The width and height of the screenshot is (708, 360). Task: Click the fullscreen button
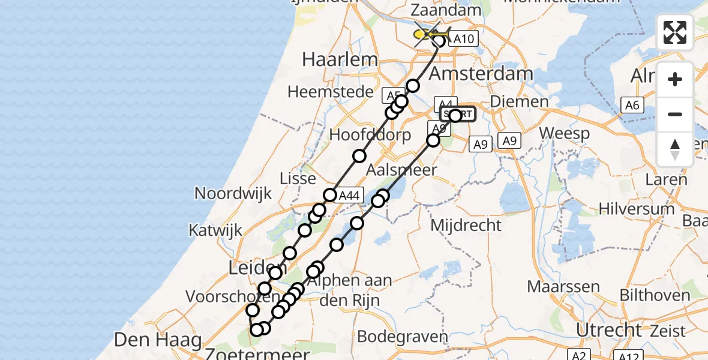675,32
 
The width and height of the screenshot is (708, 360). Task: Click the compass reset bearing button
675,149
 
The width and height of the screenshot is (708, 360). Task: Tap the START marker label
458,114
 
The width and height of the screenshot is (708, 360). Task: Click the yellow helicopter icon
430,34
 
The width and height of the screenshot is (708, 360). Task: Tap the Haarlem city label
340,59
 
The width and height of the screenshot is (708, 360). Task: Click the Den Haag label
158,340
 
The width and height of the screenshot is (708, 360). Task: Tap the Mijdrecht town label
466,226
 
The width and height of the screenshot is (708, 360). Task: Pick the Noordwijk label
233,193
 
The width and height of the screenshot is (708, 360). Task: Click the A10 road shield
463,39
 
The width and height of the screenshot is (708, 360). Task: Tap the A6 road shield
631,106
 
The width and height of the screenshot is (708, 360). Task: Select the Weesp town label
565,133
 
